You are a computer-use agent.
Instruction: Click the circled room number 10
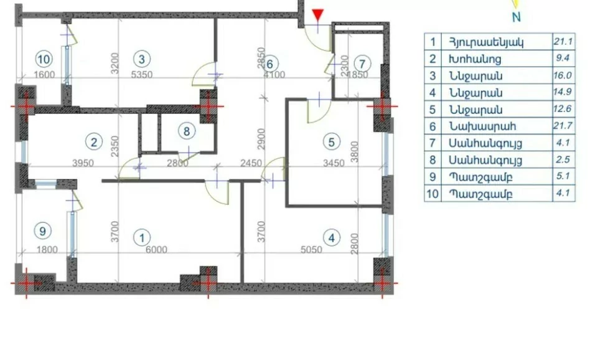click(x=44, y=59)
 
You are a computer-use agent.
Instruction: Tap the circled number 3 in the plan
click(x=141, y=59)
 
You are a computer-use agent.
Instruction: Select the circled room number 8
click(x=186, y=131)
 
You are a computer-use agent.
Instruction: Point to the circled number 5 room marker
click(x=332, y=143)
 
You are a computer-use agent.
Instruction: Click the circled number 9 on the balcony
click(x=42, y=231)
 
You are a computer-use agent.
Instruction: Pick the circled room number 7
click(x=362, y=64)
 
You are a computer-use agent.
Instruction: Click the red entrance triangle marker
click(x=318, y=15)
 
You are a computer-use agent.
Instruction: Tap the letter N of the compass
click(x=517, y=17)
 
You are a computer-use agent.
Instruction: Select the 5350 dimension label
click(x=141, y=75)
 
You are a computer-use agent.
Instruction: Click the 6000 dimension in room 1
click(x=156, y=249)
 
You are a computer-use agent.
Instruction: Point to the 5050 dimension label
click(x=311, y=249)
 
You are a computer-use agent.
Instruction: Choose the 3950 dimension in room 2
click(x=83, y=163)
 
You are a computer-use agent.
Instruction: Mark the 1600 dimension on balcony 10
click(x=44, y=75)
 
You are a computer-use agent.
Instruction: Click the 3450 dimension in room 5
click(x=334, y=163)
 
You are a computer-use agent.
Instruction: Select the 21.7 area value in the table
click(x=563, y=126)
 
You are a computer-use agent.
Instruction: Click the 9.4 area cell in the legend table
click(x=563, y=58)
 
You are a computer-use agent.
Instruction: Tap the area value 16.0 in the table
click(x=563, y=75)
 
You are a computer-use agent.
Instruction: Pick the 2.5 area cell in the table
click(x=563, y=159)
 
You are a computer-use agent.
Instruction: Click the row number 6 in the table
click(x=433, y=126)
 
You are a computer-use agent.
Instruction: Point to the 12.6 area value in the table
click(x=563, y=109)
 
